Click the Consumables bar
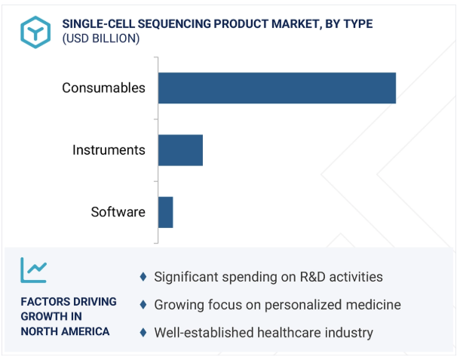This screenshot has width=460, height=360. point(277,88)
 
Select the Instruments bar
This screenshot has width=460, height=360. point(180,150)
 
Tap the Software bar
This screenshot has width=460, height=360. point(165,212)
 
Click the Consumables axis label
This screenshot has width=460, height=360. point(103,88)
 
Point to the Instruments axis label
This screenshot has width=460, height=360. point(109,150)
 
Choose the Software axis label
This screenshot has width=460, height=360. point(118,212)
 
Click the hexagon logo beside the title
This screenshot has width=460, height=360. point(35,32)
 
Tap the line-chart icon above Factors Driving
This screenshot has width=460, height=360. point(33,270)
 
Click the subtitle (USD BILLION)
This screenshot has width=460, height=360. point(101,38)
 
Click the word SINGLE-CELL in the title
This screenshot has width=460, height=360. point(98,24)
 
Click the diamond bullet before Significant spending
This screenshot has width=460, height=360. point(143,277)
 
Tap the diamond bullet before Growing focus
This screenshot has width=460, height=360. point(143,304)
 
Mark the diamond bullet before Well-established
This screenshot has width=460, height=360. point(143,332)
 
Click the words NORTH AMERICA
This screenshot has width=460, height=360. point(65,331)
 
